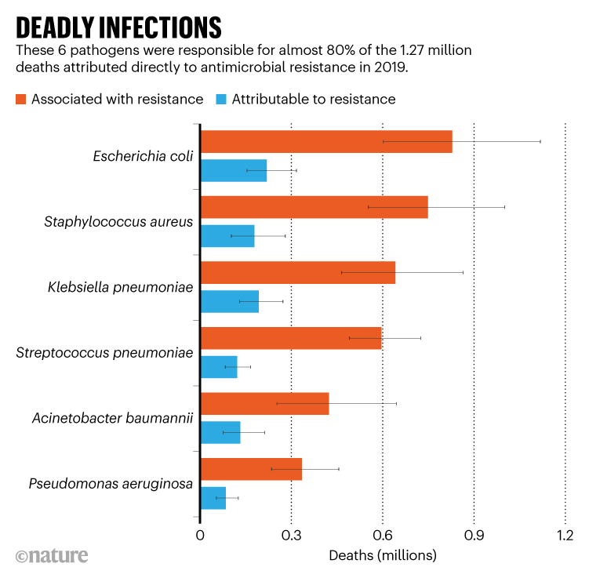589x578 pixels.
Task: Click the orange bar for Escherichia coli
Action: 326,141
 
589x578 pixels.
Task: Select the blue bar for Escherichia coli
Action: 234,170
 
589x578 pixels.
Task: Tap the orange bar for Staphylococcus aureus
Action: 314,207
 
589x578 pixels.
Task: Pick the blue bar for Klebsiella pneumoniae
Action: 230,301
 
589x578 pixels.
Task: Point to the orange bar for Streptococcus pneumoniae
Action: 291,338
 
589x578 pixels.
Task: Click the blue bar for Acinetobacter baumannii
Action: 220,432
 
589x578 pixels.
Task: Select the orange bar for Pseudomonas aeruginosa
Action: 251,469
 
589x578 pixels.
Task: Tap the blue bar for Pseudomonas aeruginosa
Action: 213,498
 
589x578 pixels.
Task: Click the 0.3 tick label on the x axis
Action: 291,536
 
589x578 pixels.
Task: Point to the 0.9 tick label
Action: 474,536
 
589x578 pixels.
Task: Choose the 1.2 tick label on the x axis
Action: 565,536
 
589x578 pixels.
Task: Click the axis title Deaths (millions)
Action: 382,555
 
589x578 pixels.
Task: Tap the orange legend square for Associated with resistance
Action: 21,99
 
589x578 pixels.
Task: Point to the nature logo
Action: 52,555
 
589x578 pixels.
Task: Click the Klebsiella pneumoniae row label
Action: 121,288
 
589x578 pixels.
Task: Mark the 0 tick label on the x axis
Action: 201,536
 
